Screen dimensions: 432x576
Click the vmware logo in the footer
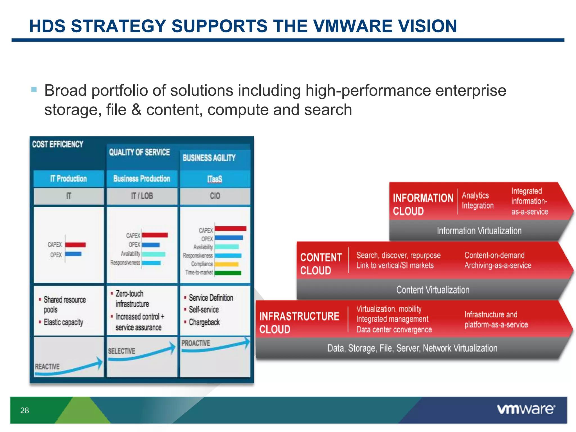click(526, 409)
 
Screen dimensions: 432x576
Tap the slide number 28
click(24, 410)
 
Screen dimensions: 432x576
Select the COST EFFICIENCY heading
click(58, 144)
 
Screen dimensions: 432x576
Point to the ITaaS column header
click(215, 179)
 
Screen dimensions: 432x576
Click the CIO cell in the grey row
click(215, 196)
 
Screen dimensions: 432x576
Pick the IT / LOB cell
click(142, 196)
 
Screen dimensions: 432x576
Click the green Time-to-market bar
click(228, 273)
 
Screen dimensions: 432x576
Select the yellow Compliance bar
click(226, 264)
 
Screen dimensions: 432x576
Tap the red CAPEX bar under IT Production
click(75, 245)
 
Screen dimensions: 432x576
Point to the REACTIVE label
click(47, 366)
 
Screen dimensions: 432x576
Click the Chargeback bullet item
click(204, 322)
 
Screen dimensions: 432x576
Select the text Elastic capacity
click(63, 322)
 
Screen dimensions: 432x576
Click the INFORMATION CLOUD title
click(423, 204)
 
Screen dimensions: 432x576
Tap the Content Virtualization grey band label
click(433, 290)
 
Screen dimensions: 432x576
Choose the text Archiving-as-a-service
click(498, 265)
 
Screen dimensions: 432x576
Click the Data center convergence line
click(394, 330)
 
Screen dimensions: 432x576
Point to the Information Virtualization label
click(479, 231)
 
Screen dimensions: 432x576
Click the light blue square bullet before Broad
click(34, 90)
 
